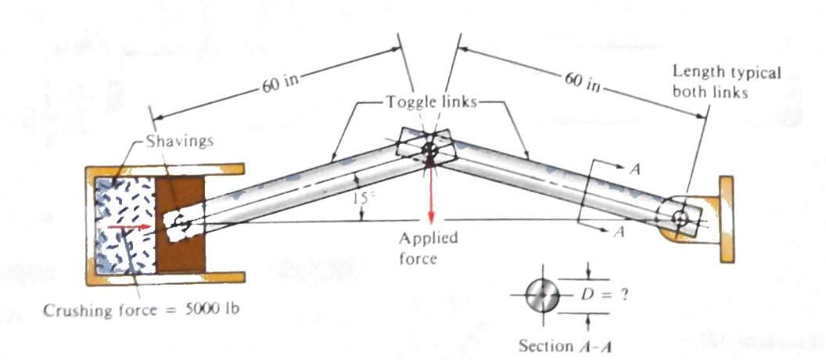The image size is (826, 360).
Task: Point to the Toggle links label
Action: point(429,103)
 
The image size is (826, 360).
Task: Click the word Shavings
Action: point(174,142)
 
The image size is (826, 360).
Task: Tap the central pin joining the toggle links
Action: point(429,147)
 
